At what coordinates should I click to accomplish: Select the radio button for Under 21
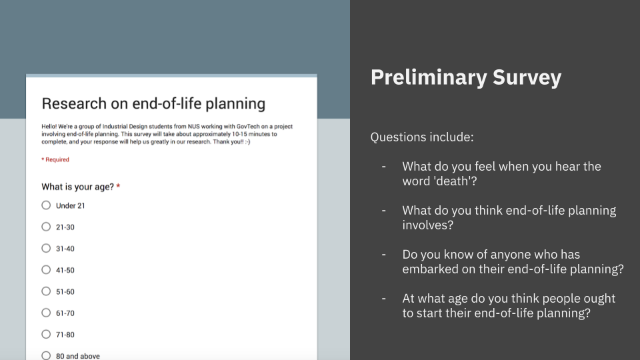click(46, 205)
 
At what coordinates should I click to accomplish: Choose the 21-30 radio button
click(46, 227)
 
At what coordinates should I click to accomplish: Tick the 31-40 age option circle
click(46, 248)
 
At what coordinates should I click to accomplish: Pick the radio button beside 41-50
click(46, 270)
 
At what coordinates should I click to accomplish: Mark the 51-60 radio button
click(46, 291)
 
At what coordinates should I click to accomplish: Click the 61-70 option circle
click(46, 313)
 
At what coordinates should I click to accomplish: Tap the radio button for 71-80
click(46, 334)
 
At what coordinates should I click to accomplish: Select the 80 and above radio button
click(46, 355)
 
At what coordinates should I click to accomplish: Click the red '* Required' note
click(55, 159)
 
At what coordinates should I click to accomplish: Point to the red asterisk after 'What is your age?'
click(118, 186)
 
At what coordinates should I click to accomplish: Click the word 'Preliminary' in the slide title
click(428, 77)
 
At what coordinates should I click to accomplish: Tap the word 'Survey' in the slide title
click(527, 77)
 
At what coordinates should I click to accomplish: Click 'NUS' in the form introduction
click(193, 127)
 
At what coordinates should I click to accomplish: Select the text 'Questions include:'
click(422, 137)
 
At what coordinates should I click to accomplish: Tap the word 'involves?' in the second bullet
click(428, 225)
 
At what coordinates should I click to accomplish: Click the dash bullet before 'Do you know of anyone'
click(384, 255)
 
